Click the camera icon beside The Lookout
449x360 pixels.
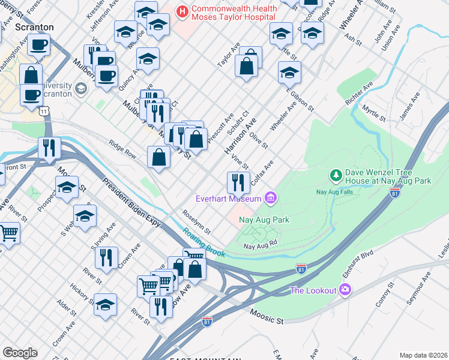tap(345, 290)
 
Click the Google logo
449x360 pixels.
tap(20, 353)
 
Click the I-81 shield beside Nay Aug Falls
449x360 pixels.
tap(394, 192)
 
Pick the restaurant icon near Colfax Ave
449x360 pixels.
tap(238, 181)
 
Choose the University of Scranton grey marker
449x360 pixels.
tap(80, 89)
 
